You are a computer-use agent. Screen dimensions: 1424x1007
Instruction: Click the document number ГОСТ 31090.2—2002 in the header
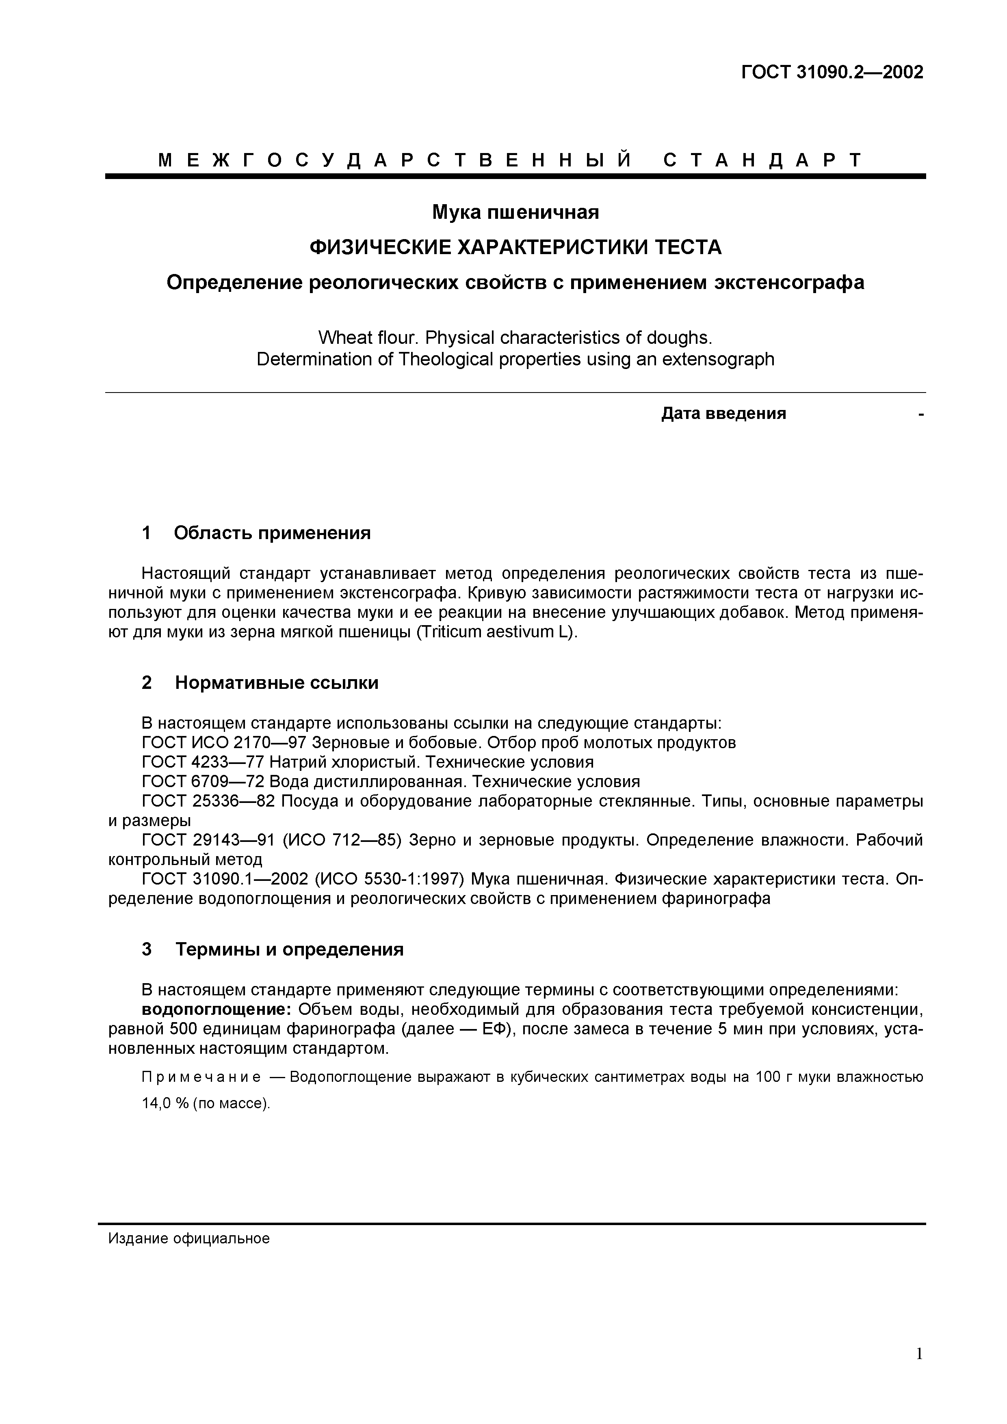[832, 73]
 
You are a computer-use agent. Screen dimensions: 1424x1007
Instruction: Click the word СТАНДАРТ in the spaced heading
[762, 161]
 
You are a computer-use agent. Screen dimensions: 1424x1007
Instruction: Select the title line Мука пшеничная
[515, 212]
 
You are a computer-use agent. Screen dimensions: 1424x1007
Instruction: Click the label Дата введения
[723, 414]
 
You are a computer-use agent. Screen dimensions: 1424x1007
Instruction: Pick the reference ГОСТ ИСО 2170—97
[225, 742]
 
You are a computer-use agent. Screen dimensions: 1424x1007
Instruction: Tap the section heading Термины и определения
[289, 949]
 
